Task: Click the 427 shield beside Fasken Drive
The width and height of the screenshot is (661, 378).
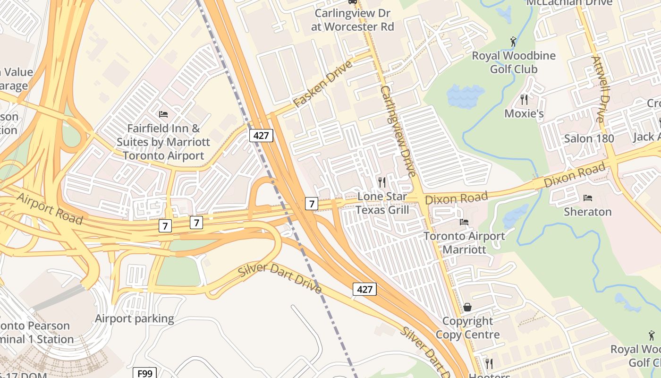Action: (261, 136)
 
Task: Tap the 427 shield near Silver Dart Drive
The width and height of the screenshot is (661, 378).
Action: (364, 289)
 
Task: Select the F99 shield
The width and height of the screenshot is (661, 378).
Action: (144, 373)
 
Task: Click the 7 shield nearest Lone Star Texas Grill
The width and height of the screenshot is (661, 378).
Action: (311, 204)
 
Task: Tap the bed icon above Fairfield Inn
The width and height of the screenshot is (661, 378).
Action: (163, 114)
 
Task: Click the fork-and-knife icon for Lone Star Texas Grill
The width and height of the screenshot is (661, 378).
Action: (382, 182)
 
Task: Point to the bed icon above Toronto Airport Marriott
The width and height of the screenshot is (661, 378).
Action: (464, 222)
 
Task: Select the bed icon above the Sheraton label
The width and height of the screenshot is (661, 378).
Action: (588, 198)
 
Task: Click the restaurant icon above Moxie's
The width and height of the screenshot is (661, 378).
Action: (524, 99)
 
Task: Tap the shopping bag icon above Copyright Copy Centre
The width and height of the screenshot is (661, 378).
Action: (467, 307)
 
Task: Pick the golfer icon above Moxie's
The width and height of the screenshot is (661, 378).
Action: (514, 42)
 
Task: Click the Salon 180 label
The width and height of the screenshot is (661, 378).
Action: (589, 138)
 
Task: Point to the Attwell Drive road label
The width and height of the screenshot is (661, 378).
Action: (598, 89)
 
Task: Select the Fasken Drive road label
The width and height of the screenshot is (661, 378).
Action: (322, 84)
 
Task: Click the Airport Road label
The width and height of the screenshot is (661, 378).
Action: (50, 208)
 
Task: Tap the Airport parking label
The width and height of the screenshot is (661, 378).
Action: (135, 318)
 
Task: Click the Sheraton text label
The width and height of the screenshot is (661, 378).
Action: (588, 212)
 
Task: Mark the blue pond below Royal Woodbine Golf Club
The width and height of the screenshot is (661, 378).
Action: (466, 96)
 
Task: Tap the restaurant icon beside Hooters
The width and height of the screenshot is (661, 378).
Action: (489, 363)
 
